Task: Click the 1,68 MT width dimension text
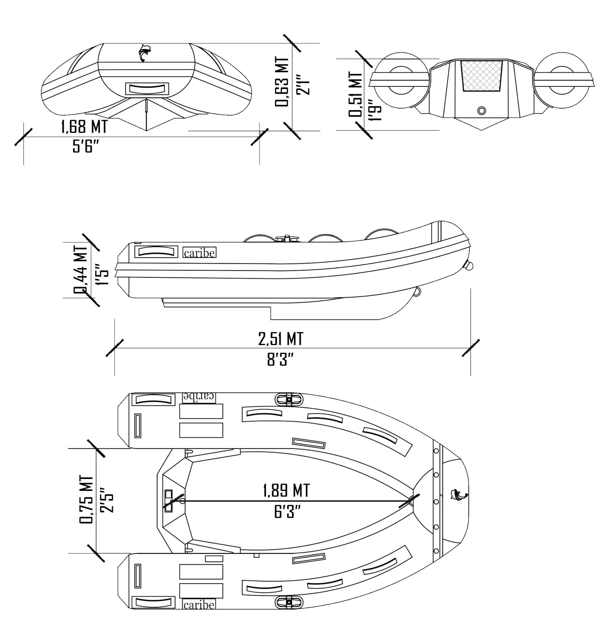pos(84,127)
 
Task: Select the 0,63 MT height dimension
pos(281,82)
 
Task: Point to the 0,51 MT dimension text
pos(355,94)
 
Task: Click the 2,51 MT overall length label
pos(281,339)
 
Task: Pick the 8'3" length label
pos(281,360)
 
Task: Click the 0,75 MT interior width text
pos(86,500)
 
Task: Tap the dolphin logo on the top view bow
pos(458,495)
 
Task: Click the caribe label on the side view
pos(199,253)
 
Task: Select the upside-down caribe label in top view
pos(199,397)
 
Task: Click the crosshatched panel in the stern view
pos(481,75)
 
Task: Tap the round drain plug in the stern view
pos(481,111)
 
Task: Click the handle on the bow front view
pos(147,88)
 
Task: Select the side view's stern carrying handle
pos(156,252)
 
